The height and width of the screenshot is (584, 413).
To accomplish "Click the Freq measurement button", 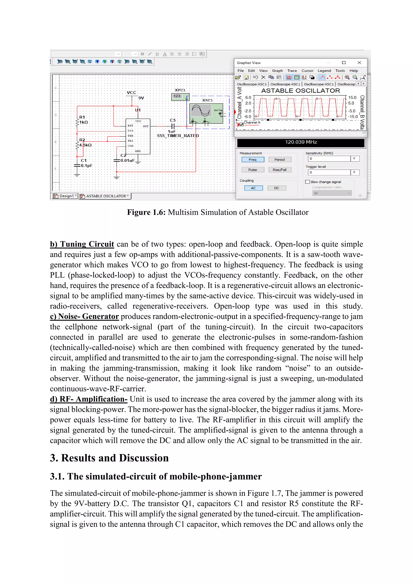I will (x=252, y=160).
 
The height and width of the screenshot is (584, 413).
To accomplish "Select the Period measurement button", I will (x=280, y=160).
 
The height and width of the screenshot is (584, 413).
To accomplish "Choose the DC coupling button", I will (x=276, y=188).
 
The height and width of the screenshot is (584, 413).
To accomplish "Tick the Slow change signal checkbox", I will (x=308, y=182).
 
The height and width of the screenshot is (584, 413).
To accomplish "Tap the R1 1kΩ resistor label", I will (x=83, y=120).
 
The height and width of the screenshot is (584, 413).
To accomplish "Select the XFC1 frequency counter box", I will (x=180, y=96).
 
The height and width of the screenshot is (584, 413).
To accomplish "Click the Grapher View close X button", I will (x=359, y=63).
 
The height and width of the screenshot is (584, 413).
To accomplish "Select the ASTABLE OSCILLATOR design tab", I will (x=105, y=196).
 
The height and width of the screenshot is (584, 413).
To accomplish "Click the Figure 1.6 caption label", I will (x=146, y=212).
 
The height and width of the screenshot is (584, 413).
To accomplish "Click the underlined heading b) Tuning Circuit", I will (x=82, y=244).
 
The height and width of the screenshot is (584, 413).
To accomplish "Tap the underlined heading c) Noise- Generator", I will (x=84, y=316).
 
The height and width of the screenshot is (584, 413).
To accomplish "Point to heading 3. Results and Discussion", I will (x=109, y=458).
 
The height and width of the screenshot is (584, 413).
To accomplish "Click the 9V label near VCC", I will (x=141, y=98).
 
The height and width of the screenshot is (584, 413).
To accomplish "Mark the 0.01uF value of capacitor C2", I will (x=127, y=161).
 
